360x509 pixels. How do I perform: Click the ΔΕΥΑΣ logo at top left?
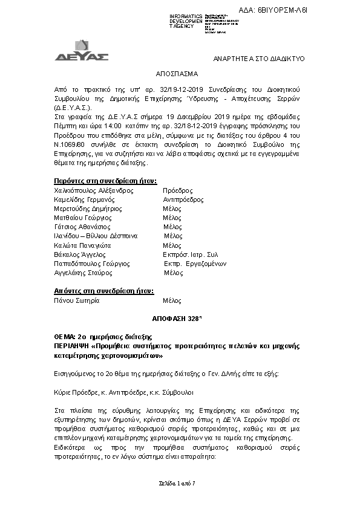pos(90,51)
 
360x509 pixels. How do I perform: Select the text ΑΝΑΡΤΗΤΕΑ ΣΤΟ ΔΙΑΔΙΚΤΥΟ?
pos(261,58)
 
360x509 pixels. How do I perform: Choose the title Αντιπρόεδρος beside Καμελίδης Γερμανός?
pos(183,199)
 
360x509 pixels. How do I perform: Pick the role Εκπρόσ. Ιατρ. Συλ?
pos(191,255)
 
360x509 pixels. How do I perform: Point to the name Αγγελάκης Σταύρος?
pos(84,273)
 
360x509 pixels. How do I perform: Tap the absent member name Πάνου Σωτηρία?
pos(76,300)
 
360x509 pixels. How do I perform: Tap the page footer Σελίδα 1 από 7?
pos(180,485)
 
